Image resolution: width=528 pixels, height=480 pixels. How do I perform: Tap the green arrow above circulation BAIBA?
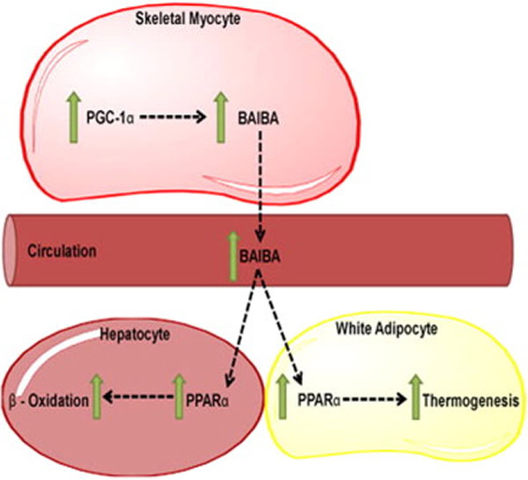[x=232, y=250]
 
